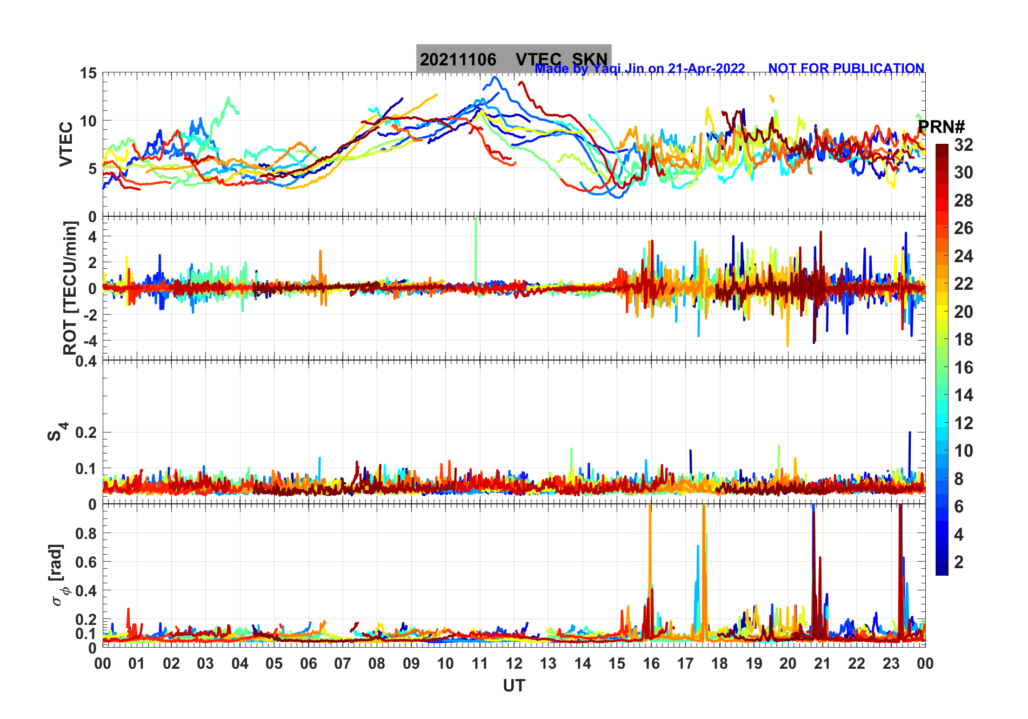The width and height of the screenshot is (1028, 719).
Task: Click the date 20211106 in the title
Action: [x=458, y=59]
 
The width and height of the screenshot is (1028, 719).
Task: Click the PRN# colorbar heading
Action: [x=941, y=127]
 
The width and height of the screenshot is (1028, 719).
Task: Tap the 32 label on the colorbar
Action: [x=963, y=145]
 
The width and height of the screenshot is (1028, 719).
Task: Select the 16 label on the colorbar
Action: [x=963, y=368]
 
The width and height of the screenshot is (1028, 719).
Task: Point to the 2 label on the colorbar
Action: [x=958, y=562]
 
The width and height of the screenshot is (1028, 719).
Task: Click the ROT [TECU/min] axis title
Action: [x=70, y=288]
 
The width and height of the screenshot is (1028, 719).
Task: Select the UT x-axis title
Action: [x=513, y=686]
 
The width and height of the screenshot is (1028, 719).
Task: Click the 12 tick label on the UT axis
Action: [x=513, y=663]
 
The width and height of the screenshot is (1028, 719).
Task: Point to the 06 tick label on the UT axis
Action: [x=308, y=663]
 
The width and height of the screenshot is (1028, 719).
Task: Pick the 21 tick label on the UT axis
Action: [x=822, y=663]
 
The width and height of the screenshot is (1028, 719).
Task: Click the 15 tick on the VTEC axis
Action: [x=88, y=74]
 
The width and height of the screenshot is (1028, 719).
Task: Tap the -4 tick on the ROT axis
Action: [x=91, y=341]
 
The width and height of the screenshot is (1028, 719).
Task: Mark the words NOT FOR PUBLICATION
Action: [x=846, y=69]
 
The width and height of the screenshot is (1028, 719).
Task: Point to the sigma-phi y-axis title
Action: [x=58, y=575]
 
